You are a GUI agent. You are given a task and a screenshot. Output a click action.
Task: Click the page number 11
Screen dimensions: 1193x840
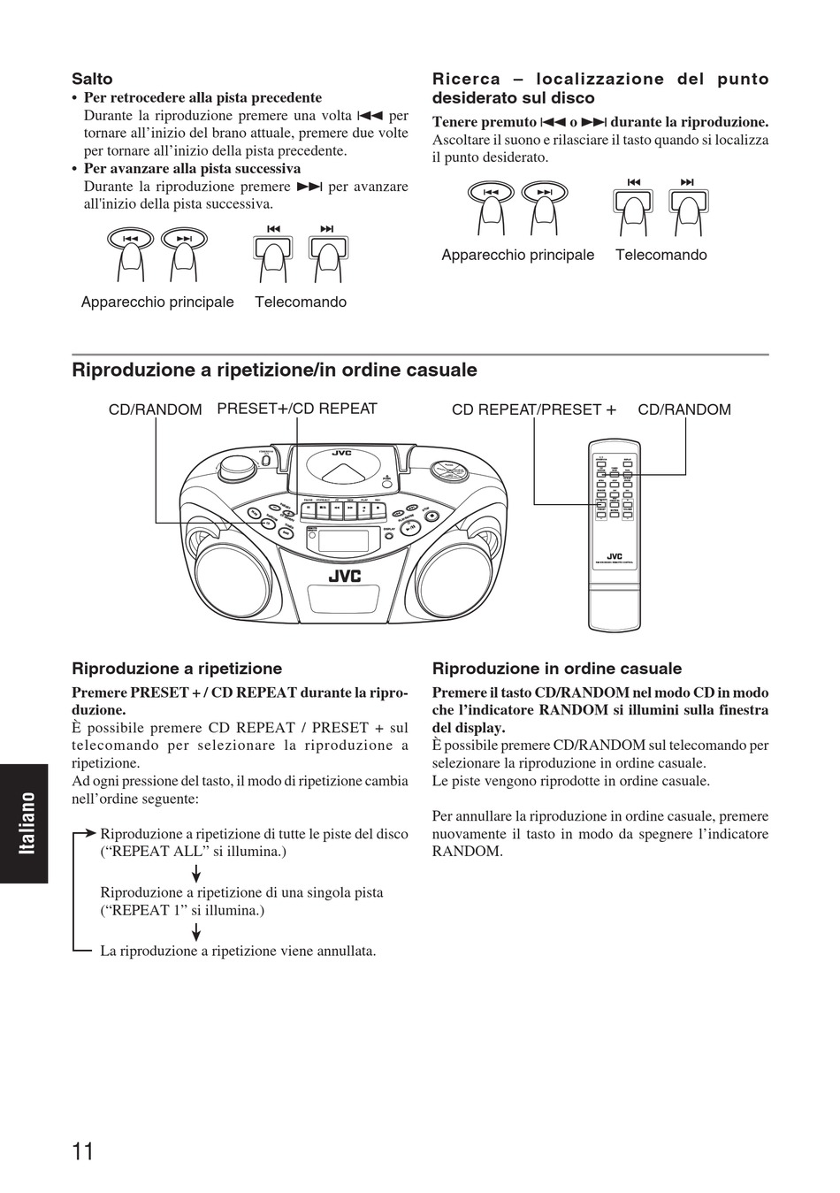coord(83,1151)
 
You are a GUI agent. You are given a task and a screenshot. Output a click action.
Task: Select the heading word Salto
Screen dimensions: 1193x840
coord(92,79)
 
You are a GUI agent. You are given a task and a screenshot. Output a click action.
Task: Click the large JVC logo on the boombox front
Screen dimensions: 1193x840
coord(345,576)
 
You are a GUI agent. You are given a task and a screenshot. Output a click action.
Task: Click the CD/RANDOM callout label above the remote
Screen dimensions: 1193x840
coord(684,409)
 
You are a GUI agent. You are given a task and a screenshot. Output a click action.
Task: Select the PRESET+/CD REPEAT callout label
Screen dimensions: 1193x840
coord(297,409)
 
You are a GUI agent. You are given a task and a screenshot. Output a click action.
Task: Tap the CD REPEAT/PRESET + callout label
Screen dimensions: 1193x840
coord(534,409)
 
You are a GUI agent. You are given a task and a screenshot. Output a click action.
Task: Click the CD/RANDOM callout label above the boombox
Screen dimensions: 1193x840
coord(156,409)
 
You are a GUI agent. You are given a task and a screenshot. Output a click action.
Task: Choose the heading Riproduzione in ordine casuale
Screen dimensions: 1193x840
coord(557,669)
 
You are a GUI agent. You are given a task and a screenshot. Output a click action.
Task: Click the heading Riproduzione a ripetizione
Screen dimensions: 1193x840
coord(177,669)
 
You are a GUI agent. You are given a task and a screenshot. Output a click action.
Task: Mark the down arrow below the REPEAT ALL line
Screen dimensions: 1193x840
coord(195,874)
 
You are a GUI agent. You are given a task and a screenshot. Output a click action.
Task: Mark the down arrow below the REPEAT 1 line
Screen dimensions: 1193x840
coord(195,932)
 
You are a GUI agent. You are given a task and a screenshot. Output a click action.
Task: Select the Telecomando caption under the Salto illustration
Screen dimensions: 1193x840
coord(301,302)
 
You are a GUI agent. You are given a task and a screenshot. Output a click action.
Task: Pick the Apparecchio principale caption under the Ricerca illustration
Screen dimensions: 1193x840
coord(518,255)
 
